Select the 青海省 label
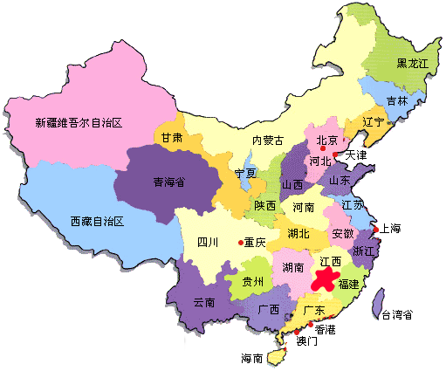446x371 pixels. (x=169, y=182)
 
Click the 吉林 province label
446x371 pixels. (x=396, y=100)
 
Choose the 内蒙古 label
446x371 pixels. (x=268, y=141)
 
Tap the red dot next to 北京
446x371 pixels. (x=323, y=149)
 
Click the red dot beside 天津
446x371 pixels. (x=336, y=155)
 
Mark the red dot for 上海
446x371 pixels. (x=375, y=230)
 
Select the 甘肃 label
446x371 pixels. (x=171, y=138)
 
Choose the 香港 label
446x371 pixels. (x=325, y=329)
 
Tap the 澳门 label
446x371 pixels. (x=307, y=340)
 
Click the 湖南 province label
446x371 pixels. (x=292, y=266)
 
